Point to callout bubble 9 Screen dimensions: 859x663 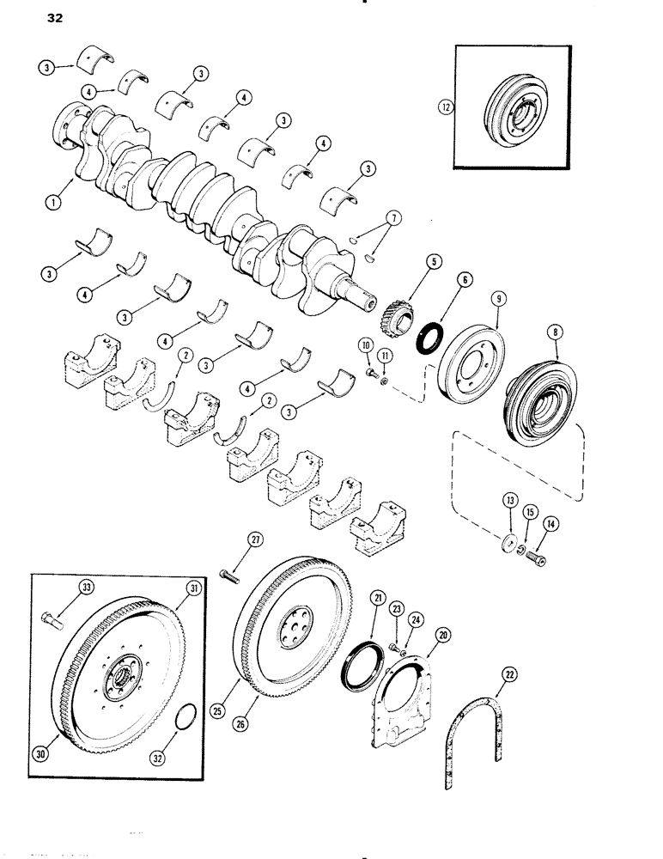pos(497,299)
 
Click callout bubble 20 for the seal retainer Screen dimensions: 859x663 pos(444,634)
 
